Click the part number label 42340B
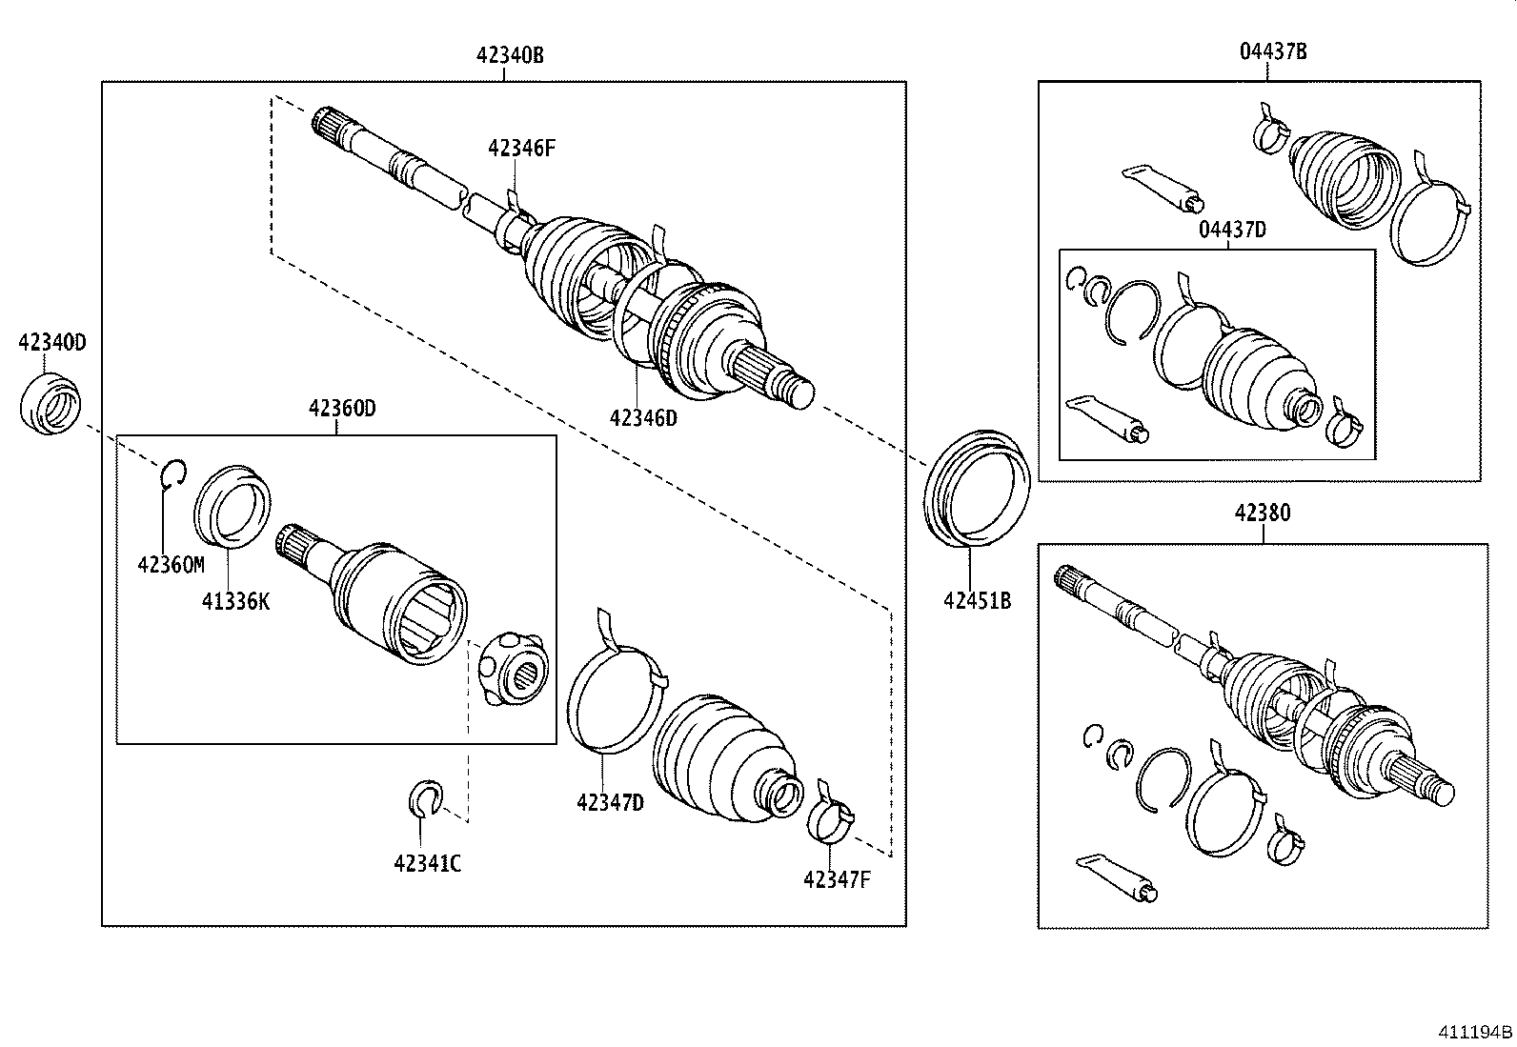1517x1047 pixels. coord(510,55)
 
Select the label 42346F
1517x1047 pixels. coord(521,148)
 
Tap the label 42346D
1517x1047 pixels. coord(643,417)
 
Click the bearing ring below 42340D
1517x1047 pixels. coord(51,406)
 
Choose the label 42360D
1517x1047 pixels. coord(342,409)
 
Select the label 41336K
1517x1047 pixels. coord(235,601)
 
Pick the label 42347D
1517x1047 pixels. coord(610,803)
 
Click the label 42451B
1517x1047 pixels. coord(977,601)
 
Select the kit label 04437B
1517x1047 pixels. coord(1273,51)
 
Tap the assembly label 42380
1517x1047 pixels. coord(1263,513)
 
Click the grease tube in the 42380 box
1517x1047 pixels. coord(1118,877)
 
